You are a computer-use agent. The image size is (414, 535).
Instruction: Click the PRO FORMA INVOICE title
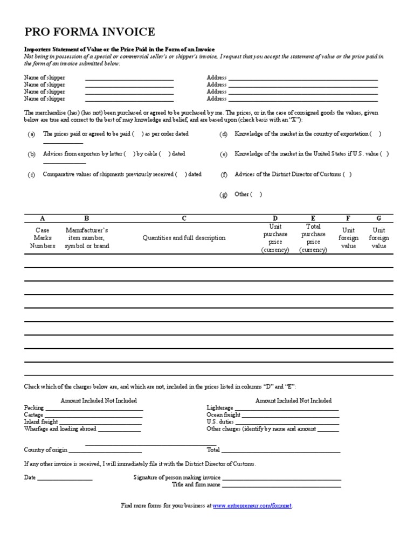(x=89, y=32)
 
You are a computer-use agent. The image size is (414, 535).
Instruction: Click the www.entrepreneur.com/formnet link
(x=252, y=506)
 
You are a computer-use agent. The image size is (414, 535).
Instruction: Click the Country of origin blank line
(x=105, y=450)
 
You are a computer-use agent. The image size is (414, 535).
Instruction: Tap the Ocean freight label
(x=224, y=415)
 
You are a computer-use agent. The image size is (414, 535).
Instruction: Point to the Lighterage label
(x=220, y=408)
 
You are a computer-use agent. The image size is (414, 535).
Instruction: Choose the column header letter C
(x=184, y=219)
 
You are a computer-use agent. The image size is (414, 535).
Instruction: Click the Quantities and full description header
(x=184, y=238)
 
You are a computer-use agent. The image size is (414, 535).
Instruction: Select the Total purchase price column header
(x=313, y=238)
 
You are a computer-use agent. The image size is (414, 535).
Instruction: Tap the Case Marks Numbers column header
(x=42, y=238)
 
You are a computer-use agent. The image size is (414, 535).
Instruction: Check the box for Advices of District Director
(x=347, y=174)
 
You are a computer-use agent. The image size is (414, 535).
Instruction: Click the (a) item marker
(x=31, y=134)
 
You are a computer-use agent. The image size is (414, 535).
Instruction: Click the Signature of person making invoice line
(x=281, y=478)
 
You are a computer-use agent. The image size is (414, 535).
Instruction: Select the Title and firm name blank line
(x=281, y=485)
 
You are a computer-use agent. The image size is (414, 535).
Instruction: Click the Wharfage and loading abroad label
(x=60, y=429)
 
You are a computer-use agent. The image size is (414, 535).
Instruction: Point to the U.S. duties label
(x=220, y=422)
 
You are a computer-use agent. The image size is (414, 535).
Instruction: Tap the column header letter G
(x=378, y=219)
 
